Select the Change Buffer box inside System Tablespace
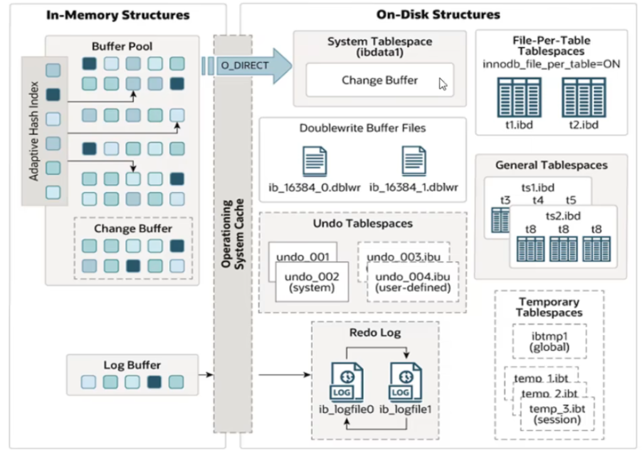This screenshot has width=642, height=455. coord(380,80)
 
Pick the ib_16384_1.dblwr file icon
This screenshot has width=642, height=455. coord(414,160)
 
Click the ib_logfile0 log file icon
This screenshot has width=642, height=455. coord(346,382)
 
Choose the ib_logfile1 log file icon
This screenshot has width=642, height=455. coord(406,382)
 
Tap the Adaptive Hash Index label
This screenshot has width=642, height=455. coord(34,131)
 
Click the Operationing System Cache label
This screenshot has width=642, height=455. coord(232,234)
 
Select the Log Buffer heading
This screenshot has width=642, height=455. coord(132,365)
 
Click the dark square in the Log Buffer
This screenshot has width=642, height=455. coord(154,382)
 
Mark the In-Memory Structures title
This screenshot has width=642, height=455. coord(118,14)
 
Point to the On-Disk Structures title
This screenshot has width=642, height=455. coord(438,14)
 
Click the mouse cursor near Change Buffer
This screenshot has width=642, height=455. coord(443,85)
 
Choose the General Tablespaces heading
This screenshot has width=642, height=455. coord(551,166)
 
